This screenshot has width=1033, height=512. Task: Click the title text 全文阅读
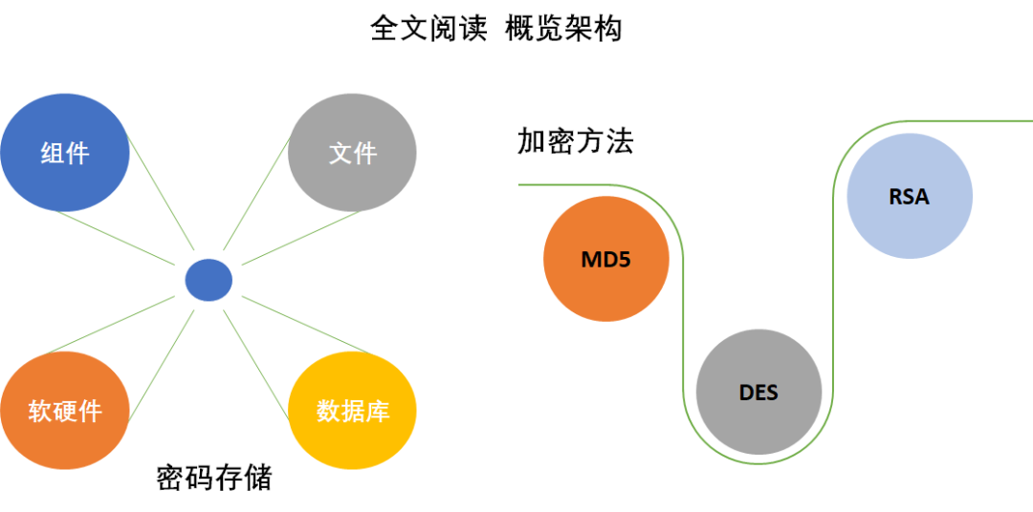tap(422, 29)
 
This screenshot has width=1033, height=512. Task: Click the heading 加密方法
tap(575, 141)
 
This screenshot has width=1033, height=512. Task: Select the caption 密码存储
tap(214, 478)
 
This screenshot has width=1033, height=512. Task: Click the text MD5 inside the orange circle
tap(605, 259)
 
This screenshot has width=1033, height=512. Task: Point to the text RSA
tap(909, 197)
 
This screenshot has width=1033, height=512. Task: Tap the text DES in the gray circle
tap(758, 393)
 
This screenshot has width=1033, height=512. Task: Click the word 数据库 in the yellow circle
tap(352, 412)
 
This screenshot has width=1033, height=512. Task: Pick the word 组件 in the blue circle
tap(64, 153)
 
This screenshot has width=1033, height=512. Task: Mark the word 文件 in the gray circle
tap(352, 153)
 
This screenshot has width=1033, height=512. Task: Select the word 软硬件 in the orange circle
tap(64, 412)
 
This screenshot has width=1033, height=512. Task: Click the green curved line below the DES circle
tap(758, 463)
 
